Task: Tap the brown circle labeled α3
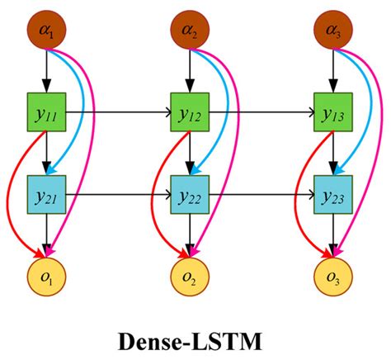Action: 332,32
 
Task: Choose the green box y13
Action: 332,111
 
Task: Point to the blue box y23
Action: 332,197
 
